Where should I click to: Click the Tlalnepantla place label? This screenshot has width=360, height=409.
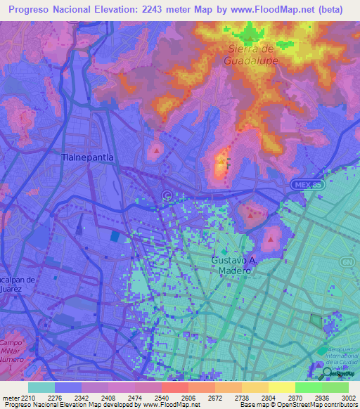click(x=87, y=158)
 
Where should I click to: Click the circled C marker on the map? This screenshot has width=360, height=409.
click(x=167, y=195)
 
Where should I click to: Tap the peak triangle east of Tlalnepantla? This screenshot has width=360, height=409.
click(x=155, y=150)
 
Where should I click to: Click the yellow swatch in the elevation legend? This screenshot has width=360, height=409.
click(x=281, y=387)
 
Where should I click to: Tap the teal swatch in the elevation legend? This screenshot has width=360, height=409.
click(x=41, y=387)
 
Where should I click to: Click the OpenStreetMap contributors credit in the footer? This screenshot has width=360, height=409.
click(x=317, y=405)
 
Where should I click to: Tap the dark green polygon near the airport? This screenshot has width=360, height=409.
click(x=315, y=323)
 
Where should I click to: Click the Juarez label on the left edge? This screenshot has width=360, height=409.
click(x=13, y=288)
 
